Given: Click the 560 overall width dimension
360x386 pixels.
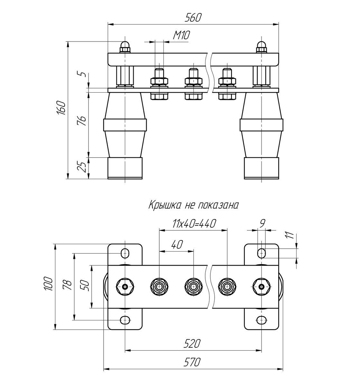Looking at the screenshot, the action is point(193,18).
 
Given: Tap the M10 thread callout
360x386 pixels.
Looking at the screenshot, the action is point(181,35).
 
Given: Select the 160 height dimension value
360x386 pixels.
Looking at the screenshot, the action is point(62,107).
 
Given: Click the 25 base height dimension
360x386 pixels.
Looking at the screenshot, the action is point(82,167).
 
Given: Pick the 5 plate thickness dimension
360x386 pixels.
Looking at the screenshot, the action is point(83,74).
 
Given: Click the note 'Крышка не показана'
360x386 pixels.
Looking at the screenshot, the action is point(193,205).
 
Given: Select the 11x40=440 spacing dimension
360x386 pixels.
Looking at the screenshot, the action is point(194,224).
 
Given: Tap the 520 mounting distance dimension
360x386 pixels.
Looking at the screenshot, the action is point(192,344).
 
